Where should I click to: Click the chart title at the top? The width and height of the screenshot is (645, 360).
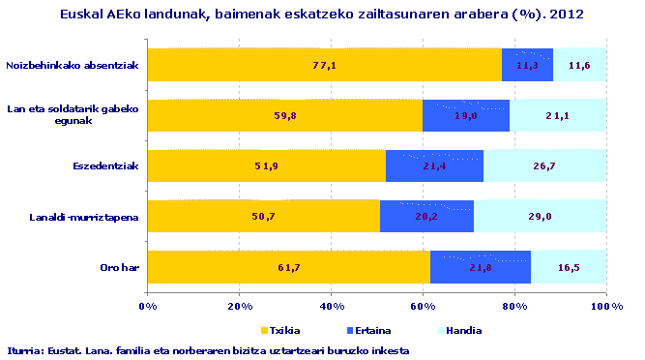(x=322, y=15)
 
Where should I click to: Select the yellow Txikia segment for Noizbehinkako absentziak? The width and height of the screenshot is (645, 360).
(x=324, y=65)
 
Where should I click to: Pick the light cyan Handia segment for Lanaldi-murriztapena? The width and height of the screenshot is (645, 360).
(x=540, y=217)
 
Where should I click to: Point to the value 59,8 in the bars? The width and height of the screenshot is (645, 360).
(x=285, y=116)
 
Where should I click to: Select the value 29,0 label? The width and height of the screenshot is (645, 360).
(x=540, y=217)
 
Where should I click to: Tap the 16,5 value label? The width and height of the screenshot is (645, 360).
(x=569, y=267)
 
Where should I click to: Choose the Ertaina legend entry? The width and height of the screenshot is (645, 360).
(x=361, y=330)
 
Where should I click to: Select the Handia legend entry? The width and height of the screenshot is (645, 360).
(x=441, y=330)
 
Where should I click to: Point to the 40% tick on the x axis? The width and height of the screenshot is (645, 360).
(x=331, y=306)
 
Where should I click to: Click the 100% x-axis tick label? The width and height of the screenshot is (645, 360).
(x=605, y=306)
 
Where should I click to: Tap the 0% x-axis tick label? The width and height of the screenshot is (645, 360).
(x=148, y=306)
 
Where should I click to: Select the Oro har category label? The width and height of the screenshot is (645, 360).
(x=122, y=267)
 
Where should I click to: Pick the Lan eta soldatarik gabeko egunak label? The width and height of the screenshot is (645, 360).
(x=73, y=115)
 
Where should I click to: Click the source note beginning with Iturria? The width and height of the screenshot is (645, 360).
(x=208, y=350)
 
